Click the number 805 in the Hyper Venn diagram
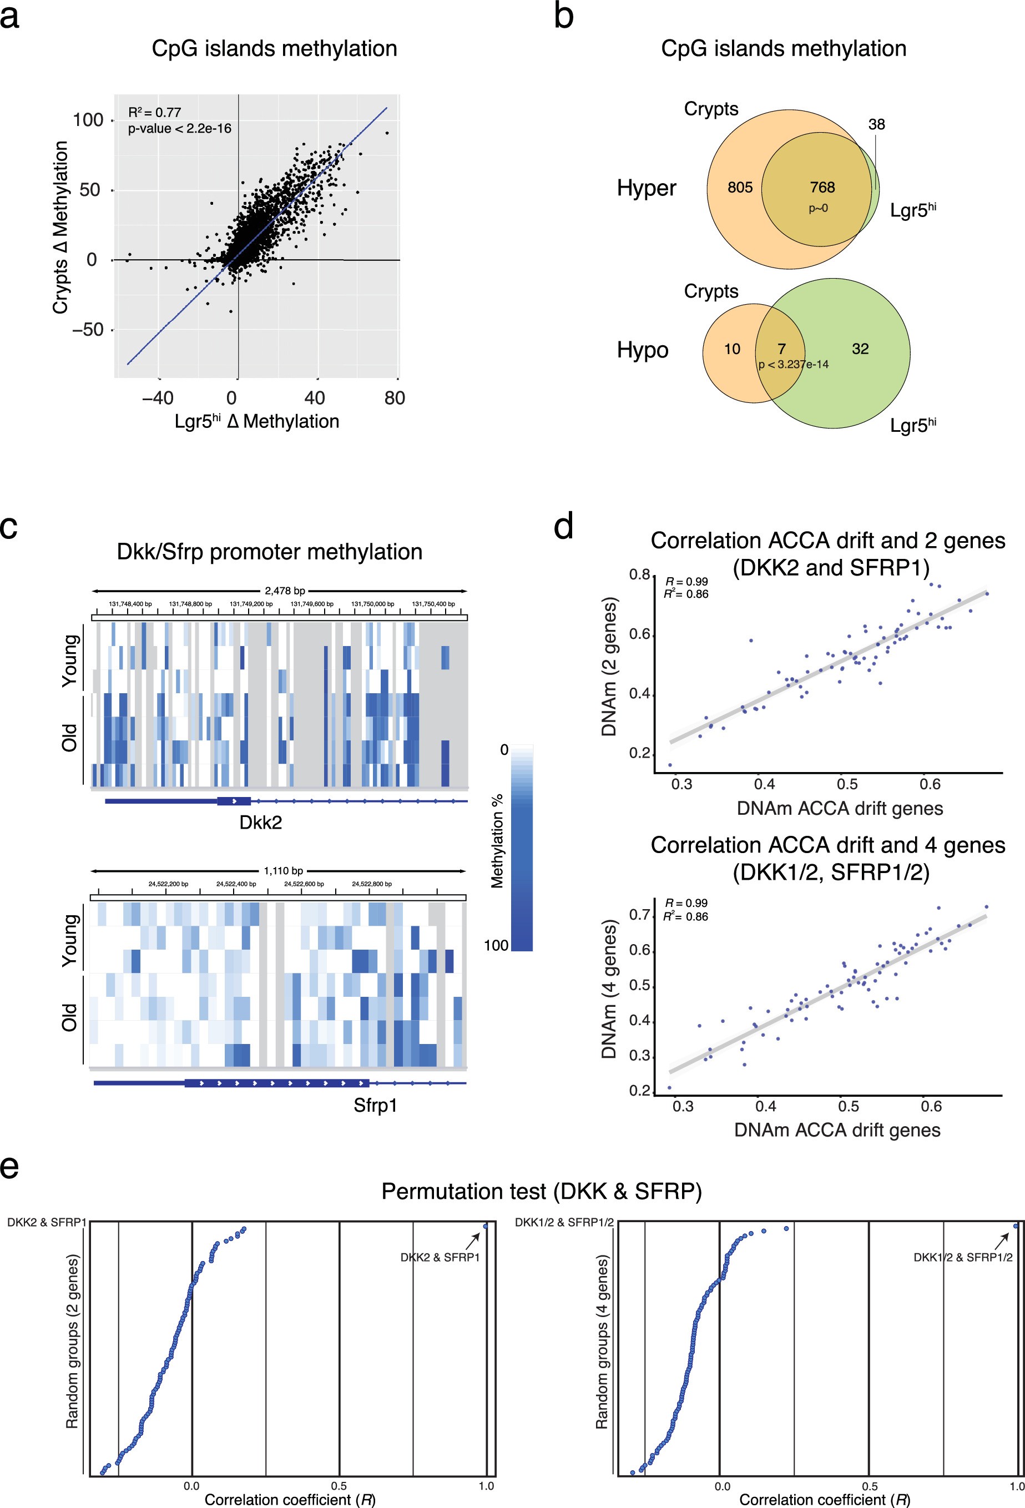[740, 188]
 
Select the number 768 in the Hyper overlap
[822, 188]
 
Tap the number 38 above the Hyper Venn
[876, 124]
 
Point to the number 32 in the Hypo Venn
[860, 349]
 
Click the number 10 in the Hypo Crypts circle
[732, 349]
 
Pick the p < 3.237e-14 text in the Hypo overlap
[794, 365]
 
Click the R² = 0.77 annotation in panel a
[154, 112]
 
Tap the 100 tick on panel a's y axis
[88, 120]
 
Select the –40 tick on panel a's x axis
[158, 398]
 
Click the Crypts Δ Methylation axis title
[60, 227]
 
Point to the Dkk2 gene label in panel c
[261, 823]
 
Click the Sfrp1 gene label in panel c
[375, 1105]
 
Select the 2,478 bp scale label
[285, 591]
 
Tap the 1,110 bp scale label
[284, 871]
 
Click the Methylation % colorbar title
[498, 840]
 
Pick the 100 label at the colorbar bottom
[496, 945]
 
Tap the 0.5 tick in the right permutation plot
[870, 1485]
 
